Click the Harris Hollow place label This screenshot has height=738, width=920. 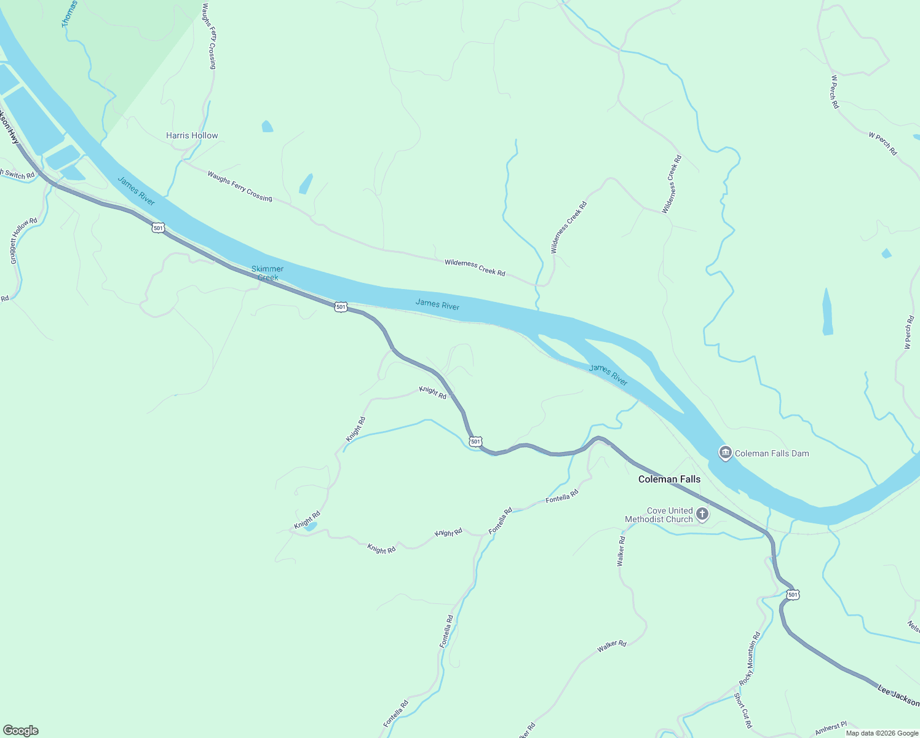pyautogui.click(x=192, y=135)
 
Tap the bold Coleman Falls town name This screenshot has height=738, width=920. pyautogui.click(x=669, y=479)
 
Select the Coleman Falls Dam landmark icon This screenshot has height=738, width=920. pyautogui.click(x=725, y=453)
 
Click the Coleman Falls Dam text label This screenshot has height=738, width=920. pyautogui.click(x=772, y=453)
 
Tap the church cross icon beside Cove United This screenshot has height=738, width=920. pyautogui.click(x=702, y=514)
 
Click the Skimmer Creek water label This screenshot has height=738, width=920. pyautogui.click(x=268, y=273)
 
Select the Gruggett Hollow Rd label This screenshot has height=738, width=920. pyautogui.click(x=24, y=241)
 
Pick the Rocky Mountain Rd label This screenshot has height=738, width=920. pyautogui.click(x=750, y=659)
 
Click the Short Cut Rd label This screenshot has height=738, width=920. pyautogui.click(x=743, y=710)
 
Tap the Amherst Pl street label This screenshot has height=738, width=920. pyautogui.click(x=831, y=728)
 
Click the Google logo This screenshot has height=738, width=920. pyautogui.click(x=21, y=731)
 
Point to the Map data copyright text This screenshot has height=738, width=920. pyautogui.click(x=882, y=733)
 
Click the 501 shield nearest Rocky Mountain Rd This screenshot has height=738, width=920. pyautogui.click(x=793, y=595)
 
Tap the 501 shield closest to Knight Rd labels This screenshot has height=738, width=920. pyautogui.click(x=475, y=442)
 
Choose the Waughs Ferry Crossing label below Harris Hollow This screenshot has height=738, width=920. pyautogui.click(x=240, y=186)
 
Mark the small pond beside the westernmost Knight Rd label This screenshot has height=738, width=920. pyautogui.click(x=311, y=526)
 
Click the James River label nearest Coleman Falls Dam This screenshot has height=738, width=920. pyautogui.click(x=608, y=375)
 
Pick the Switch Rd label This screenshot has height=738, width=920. pyautogui.click(x=18, y=175)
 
